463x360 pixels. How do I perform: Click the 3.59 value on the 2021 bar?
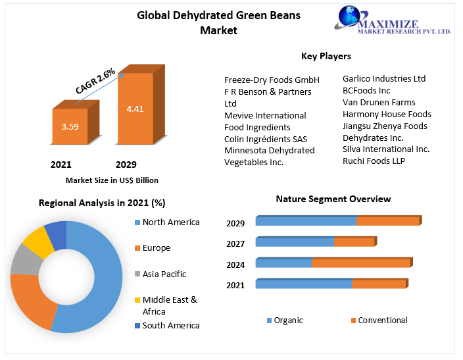click(x=70, y=126)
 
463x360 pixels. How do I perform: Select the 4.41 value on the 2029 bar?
click(x=135, y=109)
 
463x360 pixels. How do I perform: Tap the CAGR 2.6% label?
click(x=95, y=81)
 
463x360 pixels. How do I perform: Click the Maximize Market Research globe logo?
click(x=354, y=18)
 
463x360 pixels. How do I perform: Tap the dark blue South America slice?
click(x=57, y=232)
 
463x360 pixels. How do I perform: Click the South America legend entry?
click(x=170, y=325)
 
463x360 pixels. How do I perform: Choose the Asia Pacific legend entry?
click(x=164, y=274)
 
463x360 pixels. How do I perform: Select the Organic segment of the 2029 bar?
click(x=306, y=221)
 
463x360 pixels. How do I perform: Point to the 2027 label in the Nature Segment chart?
click(x=235, y=244)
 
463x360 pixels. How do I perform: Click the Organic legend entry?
click(x=288, y=321)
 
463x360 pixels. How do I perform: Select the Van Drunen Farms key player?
click(x=379, y=102)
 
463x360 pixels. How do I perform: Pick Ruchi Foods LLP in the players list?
click(x=374, y=161)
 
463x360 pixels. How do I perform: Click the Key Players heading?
click(x=326, y=56)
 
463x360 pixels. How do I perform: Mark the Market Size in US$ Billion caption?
click(x=112, y=180)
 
